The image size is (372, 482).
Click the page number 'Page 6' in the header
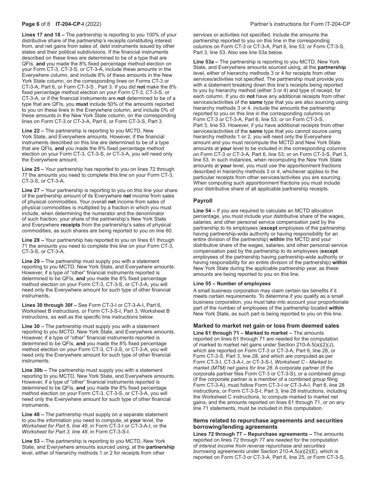(30, 24)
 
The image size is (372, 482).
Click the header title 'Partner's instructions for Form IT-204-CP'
(300, 24)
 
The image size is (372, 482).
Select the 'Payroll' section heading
(203, 200)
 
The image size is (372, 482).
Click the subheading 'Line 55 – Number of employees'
(232, 283)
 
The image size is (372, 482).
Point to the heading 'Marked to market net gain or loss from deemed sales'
(266, 326)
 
